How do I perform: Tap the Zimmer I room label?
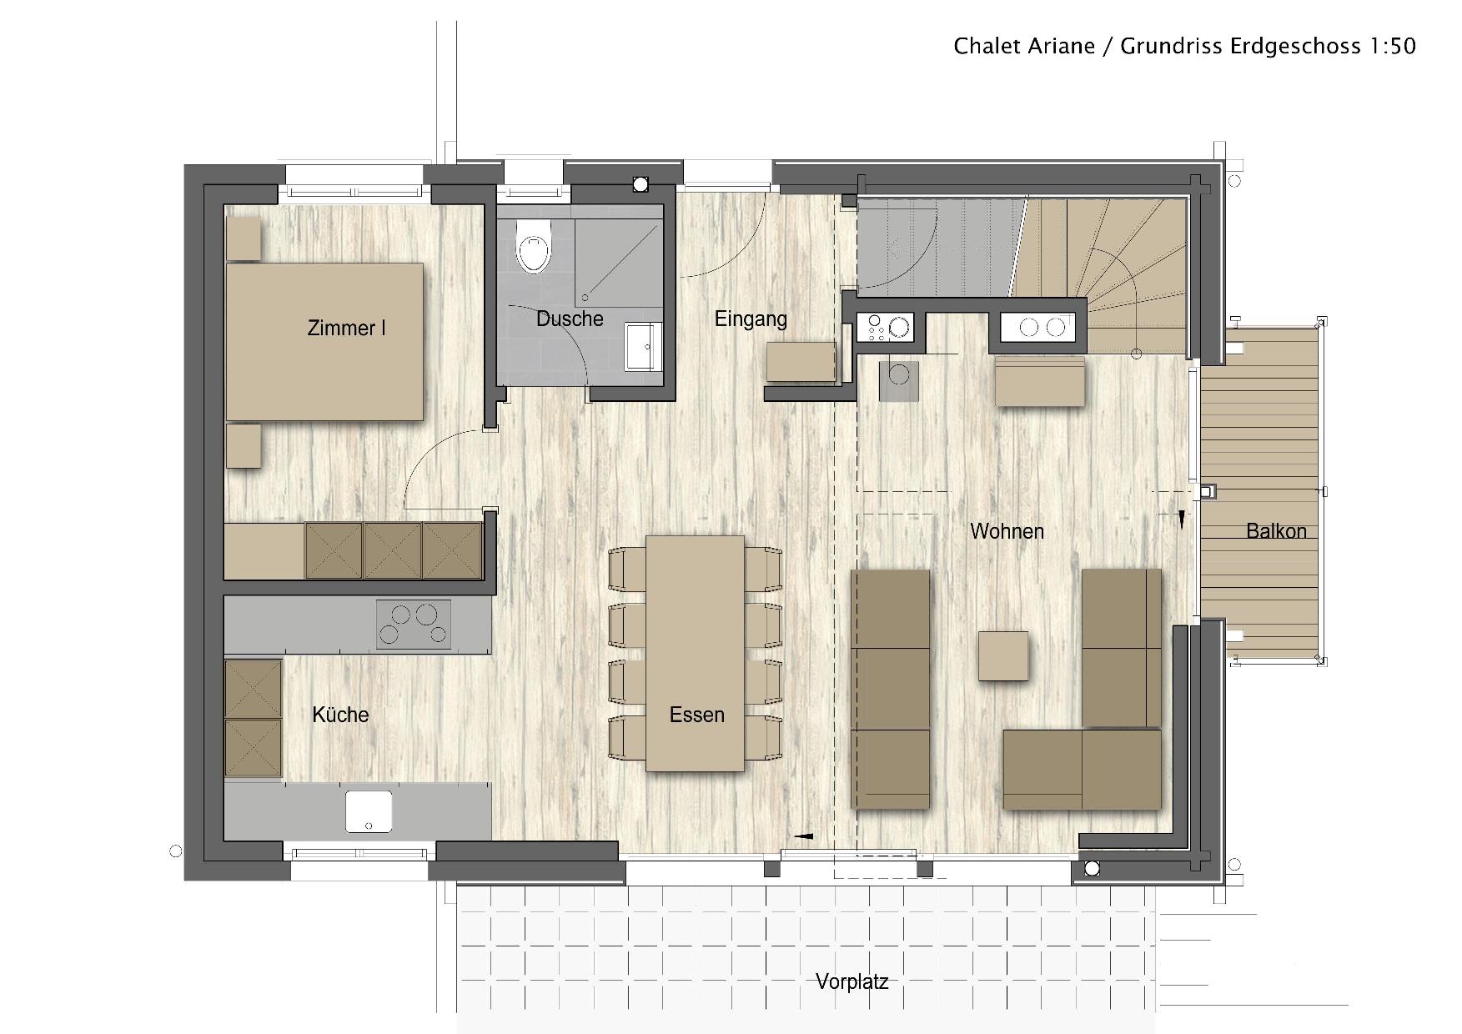tap(346, 328)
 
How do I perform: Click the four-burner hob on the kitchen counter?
tap(414, 624)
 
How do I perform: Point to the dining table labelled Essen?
tap(695, 653)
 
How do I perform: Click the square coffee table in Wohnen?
tap(1003, 655)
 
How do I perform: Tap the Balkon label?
tap(1276, 531)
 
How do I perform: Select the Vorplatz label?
tap(852, 981)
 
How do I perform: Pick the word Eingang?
tap(751, 319)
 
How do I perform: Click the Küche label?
tap(340, 715)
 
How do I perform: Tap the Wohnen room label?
tap(1007, 531)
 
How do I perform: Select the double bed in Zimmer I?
tap(324, 342)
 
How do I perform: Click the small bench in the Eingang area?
tap(801, 361)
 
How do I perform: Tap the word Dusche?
tap(570, 319)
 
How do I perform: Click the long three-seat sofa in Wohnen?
tap(890, 689)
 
